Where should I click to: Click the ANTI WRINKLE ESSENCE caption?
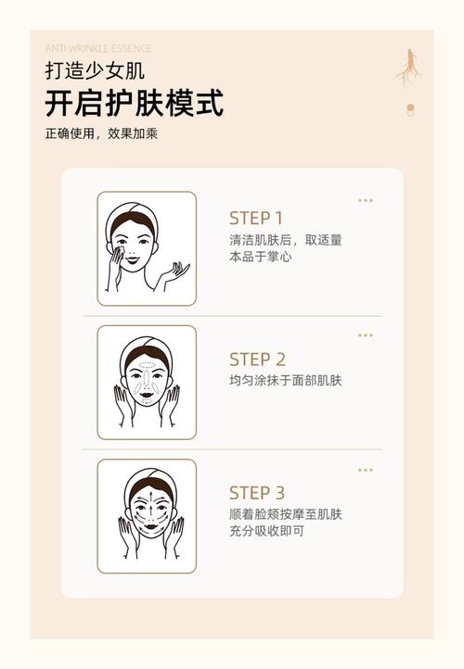[x=97, y=48]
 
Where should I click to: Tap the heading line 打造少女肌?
[x=95, y=70]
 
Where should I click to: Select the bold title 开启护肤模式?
[x=134, y=102]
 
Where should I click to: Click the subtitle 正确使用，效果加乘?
[x=101, y=133]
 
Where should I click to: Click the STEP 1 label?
[x=256, y=219]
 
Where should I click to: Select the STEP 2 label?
[x=257, y=360]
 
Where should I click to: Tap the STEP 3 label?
[x=257, y=493]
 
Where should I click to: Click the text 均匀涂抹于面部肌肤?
[x=286, y=381]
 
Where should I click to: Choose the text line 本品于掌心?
[x=260, y=257]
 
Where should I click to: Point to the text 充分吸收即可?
[x=266, y=531]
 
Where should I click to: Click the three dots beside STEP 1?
[x=366, y=200]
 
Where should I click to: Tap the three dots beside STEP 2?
[x=366, y=335]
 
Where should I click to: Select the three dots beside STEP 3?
[x=366, y=470]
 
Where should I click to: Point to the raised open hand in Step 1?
[x=174, y=271]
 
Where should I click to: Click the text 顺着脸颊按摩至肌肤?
[x=286, y=514]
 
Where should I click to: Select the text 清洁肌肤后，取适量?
[x=286, y=240]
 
